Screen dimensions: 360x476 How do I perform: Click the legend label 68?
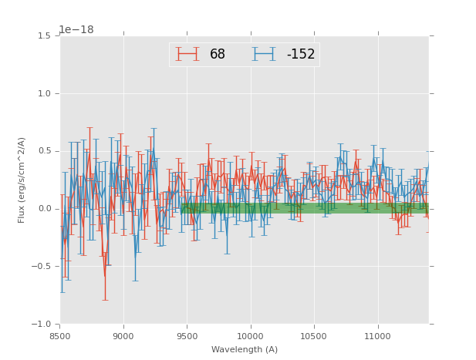coord(218,55)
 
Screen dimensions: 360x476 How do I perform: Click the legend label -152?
coord(301,55)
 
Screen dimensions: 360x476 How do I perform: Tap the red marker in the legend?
coord(187,54)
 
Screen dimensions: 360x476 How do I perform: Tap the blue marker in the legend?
coord(265,54)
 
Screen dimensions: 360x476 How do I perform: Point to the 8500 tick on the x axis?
coord(59,336)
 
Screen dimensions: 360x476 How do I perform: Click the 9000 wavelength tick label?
coord(123,336)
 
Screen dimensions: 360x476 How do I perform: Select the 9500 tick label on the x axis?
coord(187,336)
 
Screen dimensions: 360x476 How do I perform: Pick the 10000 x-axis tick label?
coord(250,336)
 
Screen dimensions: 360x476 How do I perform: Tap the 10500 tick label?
coord(314,336)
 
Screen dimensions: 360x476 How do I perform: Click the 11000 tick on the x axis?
coord(377,336)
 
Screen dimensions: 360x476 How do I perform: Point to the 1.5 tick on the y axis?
coord(44,36)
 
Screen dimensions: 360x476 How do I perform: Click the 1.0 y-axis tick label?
coord(44,94)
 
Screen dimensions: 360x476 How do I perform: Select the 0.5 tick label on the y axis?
coord(44,151)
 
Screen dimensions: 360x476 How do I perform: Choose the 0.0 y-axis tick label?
coord(44,209)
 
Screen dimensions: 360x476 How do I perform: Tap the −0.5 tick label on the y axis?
coord(42,267)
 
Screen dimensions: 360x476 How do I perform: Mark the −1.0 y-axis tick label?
coord(42,325)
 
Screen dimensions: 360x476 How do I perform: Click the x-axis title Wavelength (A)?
coord(245,350)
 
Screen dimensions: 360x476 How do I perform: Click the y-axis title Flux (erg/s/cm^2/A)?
coord(22,180)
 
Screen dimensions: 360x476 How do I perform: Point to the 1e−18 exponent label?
coord(76,30)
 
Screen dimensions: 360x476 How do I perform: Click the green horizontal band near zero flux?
coord(309,208)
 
